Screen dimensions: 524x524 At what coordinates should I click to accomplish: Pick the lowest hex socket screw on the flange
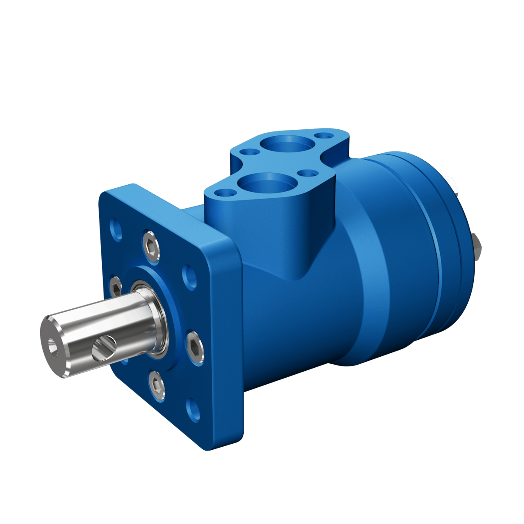pos(157,385)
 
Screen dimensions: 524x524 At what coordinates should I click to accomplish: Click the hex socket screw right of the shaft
pos(195,346)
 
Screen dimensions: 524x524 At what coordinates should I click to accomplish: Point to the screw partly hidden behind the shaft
pos(116,288)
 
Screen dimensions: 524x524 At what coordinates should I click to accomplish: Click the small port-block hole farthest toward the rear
pos(324,136)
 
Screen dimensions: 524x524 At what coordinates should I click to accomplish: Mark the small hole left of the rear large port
pos(251,152)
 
